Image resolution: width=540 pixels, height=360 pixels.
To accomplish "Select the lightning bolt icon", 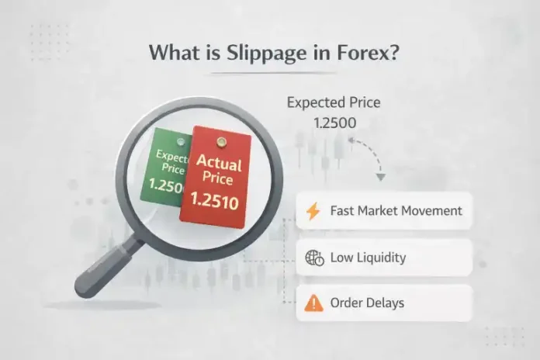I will coord(313,211).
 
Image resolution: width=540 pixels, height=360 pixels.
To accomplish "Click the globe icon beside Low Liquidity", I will coord(314,257).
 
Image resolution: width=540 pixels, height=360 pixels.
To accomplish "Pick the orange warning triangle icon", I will coord(314,303).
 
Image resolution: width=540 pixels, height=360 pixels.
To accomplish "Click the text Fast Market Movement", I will coord(396,211).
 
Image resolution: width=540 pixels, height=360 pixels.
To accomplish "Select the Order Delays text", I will coord(367,303).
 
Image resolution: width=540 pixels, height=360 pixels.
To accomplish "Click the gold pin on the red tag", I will coord(221,141).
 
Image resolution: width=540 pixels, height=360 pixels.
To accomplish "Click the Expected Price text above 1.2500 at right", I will coord(334,102).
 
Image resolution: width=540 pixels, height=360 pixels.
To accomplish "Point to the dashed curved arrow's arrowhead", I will coord(380,177).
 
